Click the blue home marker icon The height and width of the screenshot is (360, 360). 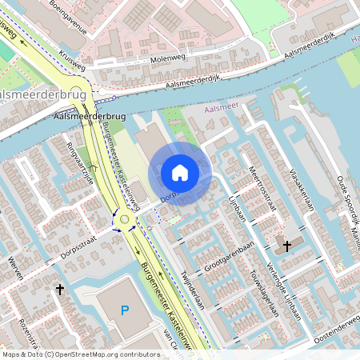click(180, 172)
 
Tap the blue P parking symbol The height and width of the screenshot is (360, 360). click(124, 310)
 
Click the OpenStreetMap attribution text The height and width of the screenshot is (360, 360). click(80, 354)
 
